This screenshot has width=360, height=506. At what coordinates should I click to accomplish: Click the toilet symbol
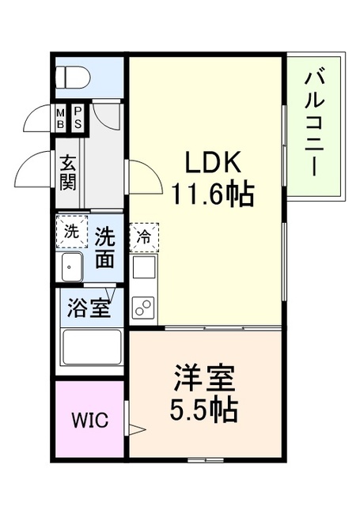point(73,77)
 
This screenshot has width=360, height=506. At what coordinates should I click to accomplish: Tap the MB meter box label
point(60,119)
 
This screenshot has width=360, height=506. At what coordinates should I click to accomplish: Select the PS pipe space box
point(78,118)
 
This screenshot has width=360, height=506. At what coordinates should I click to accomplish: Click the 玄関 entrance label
point(68,172)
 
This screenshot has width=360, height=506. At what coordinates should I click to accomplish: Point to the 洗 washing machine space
point(72,232)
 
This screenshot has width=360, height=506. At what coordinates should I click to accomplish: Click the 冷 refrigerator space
point(144,237)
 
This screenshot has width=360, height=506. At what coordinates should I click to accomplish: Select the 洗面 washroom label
point(104,247)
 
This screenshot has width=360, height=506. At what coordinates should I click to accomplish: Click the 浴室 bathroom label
point(89,308)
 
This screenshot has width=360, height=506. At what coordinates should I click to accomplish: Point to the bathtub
point(92,348)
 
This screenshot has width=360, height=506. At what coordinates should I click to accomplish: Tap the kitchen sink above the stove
point(144,269)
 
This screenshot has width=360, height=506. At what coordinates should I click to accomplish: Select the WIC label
point(89,420)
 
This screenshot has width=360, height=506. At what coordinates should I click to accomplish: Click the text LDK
point(213,161)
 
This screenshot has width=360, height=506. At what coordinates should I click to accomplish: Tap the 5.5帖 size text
point(204,410)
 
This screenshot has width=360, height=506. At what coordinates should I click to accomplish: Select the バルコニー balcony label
point(314,125)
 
